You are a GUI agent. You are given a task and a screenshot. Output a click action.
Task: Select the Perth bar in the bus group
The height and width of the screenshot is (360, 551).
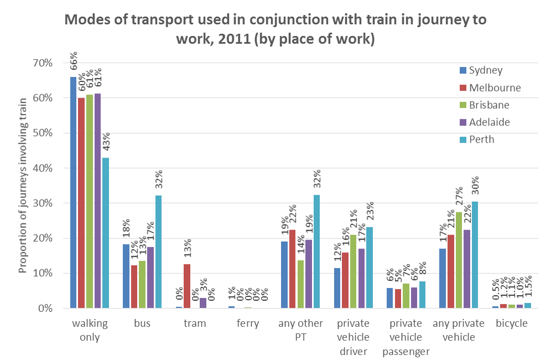158,252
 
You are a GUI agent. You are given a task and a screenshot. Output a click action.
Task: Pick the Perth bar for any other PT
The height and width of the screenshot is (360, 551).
316,252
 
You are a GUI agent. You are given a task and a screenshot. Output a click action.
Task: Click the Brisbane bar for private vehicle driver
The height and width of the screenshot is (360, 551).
353,271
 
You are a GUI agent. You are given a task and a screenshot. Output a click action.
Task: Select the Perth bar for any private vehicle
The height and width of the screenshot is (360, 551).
474,255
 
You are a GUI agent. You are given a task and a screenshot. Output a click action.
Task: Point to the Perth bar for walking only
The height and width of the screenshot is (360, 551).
106,233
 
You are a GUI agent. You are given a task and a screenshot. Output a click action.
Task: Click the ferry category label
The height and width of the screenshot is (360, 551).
247,324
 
